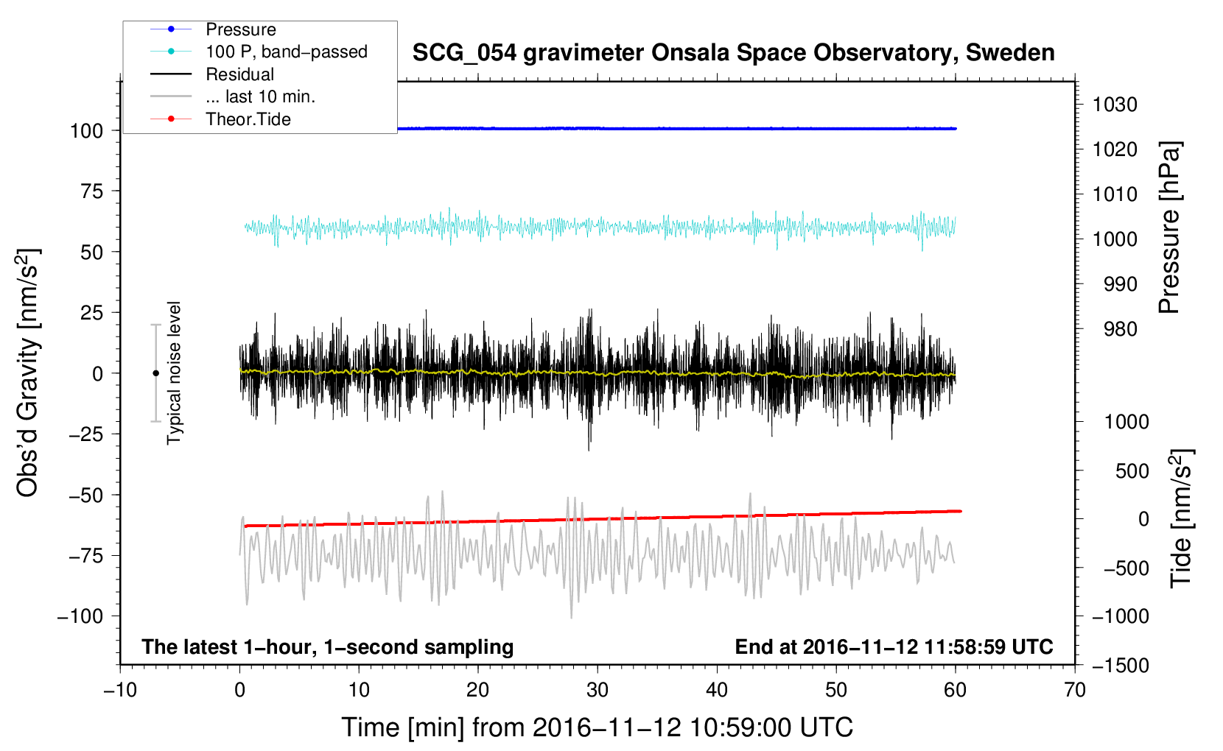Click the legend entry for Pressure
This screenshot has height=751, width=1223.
[x=240, y=29]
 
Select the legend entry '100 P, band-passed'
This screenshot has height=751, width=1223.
[x=286, y=52]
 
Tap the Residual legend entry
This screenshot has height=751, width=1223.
[x=239, y=74]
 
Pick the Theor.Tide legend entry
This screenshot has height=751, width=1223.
[x=248, y=119]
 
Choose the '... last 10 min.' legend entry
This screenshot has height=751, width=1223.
[x=260, y=96]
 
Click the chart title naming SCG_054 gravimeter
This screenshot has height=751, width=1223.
[x=733, y=53]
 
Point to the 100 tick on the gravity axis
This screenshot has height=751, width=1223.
[x=86, y=131]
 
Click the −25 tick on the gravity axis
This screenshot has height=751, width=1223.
[x=86, y=434]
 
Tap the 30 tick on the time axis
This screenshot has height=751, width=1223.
[x=598, y=690]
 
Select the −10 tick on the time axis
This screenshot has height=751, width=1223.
[x=120, y=690]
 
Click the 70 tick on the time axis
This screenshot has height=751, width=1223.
[x=1075, y=690]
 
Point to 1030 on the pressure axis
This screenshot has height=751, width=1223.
[x=1115, y=105]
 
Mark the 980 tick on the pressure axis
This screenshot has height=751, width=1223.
[x=1120, y=329]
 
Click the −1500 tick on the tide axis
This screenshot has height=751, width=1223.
[x=1120, y=666]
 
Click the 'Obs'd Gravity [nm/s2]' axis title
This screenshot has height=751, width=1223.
[x=27, y=373]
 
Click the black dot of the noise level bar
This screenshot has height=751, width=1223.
[x=155, y=373]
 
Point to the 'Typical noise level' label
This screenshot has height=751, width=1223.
[x=174, y=373]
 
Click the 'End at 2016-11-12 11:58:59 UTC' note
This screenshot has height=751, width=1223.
[x=894, y=647]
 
